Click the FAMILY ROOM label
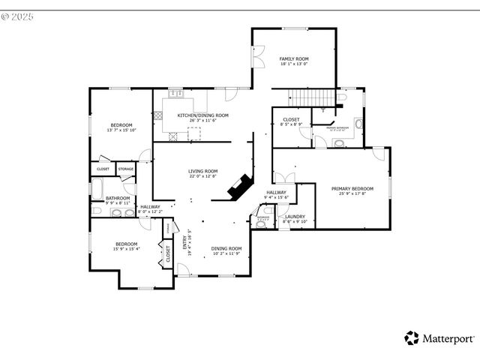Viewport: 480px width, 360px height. (294, 58)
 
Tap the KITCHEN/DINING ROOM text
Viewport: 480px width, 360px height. (202, 115)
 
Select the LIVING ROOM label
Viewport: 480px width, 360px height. (202, 171)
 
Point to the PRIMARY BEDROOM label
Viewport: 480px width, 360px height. (352, 188)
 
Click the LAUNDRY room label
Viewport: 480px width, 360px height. (294, 216)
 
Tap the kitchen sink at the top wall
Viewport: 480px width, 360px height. (176, 94)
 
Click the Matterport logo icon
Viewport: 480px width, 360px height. (412, 338)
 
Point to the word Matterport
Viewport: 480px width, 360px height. (447, 338)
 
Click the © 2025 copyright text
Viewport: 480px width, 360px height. (18, 15)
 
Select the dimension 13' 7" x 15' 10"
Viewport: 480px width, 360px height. (121, 130)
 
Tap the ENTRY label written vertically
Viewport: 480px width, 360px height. (184, 243)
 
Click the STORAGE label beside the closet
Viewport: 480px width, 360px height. (126, 169)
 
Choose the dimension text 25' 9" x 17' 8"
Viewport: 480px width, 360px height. (352, 194)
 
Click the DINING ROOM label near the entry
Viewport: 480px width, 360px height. (226, 248)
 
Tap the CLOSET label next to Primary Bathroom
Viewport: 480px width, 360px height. (291, 120)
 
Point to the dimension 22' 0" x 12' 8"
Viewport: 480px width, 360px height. (202, 177)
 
